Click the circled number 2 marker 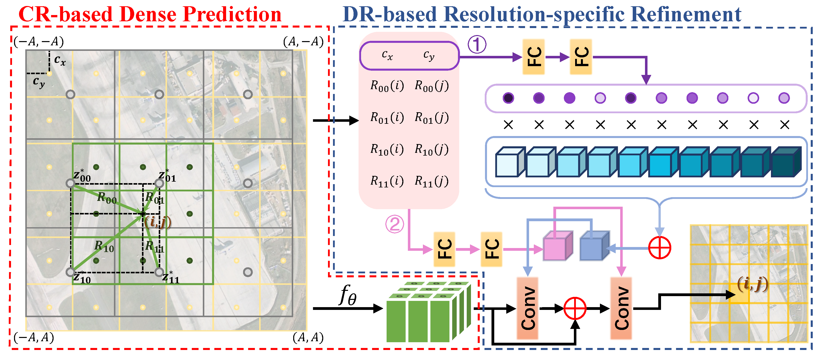click(x=395, y=224)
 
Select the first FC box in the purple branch click(x=534, y=57)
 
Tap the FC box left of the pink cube click(x=491, y=249)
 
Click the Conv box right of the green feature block click(x=528, y=308)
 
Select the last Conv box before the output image click(x=621, y=308)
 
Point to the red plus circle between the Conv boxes click(x=575, y=308)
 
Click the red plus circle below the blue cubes click(x=660, y=248)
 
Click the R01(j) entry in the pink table click(x=431, y=118)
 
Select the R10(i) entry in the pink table click(x=387, y=149)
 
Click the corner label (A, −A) click(x=303, y=42)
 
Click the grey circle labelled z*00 click(x=70, y=183)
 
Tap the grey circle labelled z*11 click(x=159, y=272)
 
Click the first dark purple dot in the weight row click(x=508, y=98)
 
